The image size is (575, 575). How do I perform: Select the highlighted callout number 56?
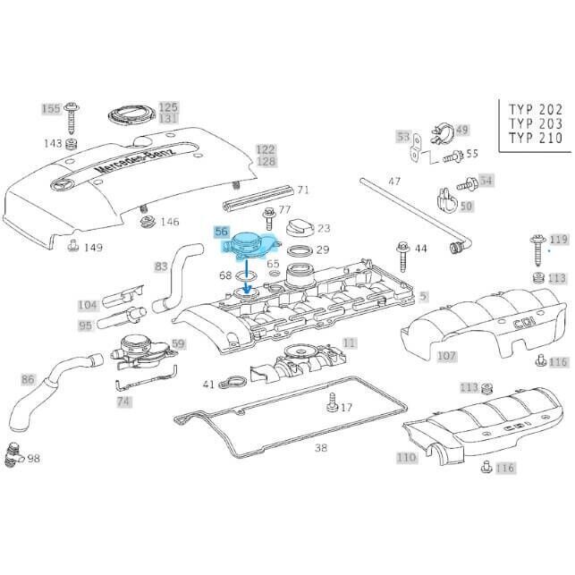[223, 231]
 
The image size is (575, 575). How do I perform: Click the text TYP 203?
[536, 123]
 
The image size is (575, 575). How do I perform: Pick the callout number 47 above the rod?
[394, 182]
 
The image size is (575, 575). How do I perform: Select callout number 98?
[34, 458]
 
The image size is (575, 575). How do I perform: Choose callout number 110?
[407, 457]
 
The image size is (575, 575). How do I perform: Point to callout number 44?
[420, 247]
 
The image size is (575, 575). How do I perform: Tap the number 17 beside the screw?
[346, 408]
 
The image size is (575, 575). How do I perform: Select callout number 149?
[93, 248]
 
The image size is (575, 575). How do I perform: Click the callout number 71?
[303, 190]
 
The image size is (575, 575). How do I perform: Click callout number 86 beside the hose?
[28, 379]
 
